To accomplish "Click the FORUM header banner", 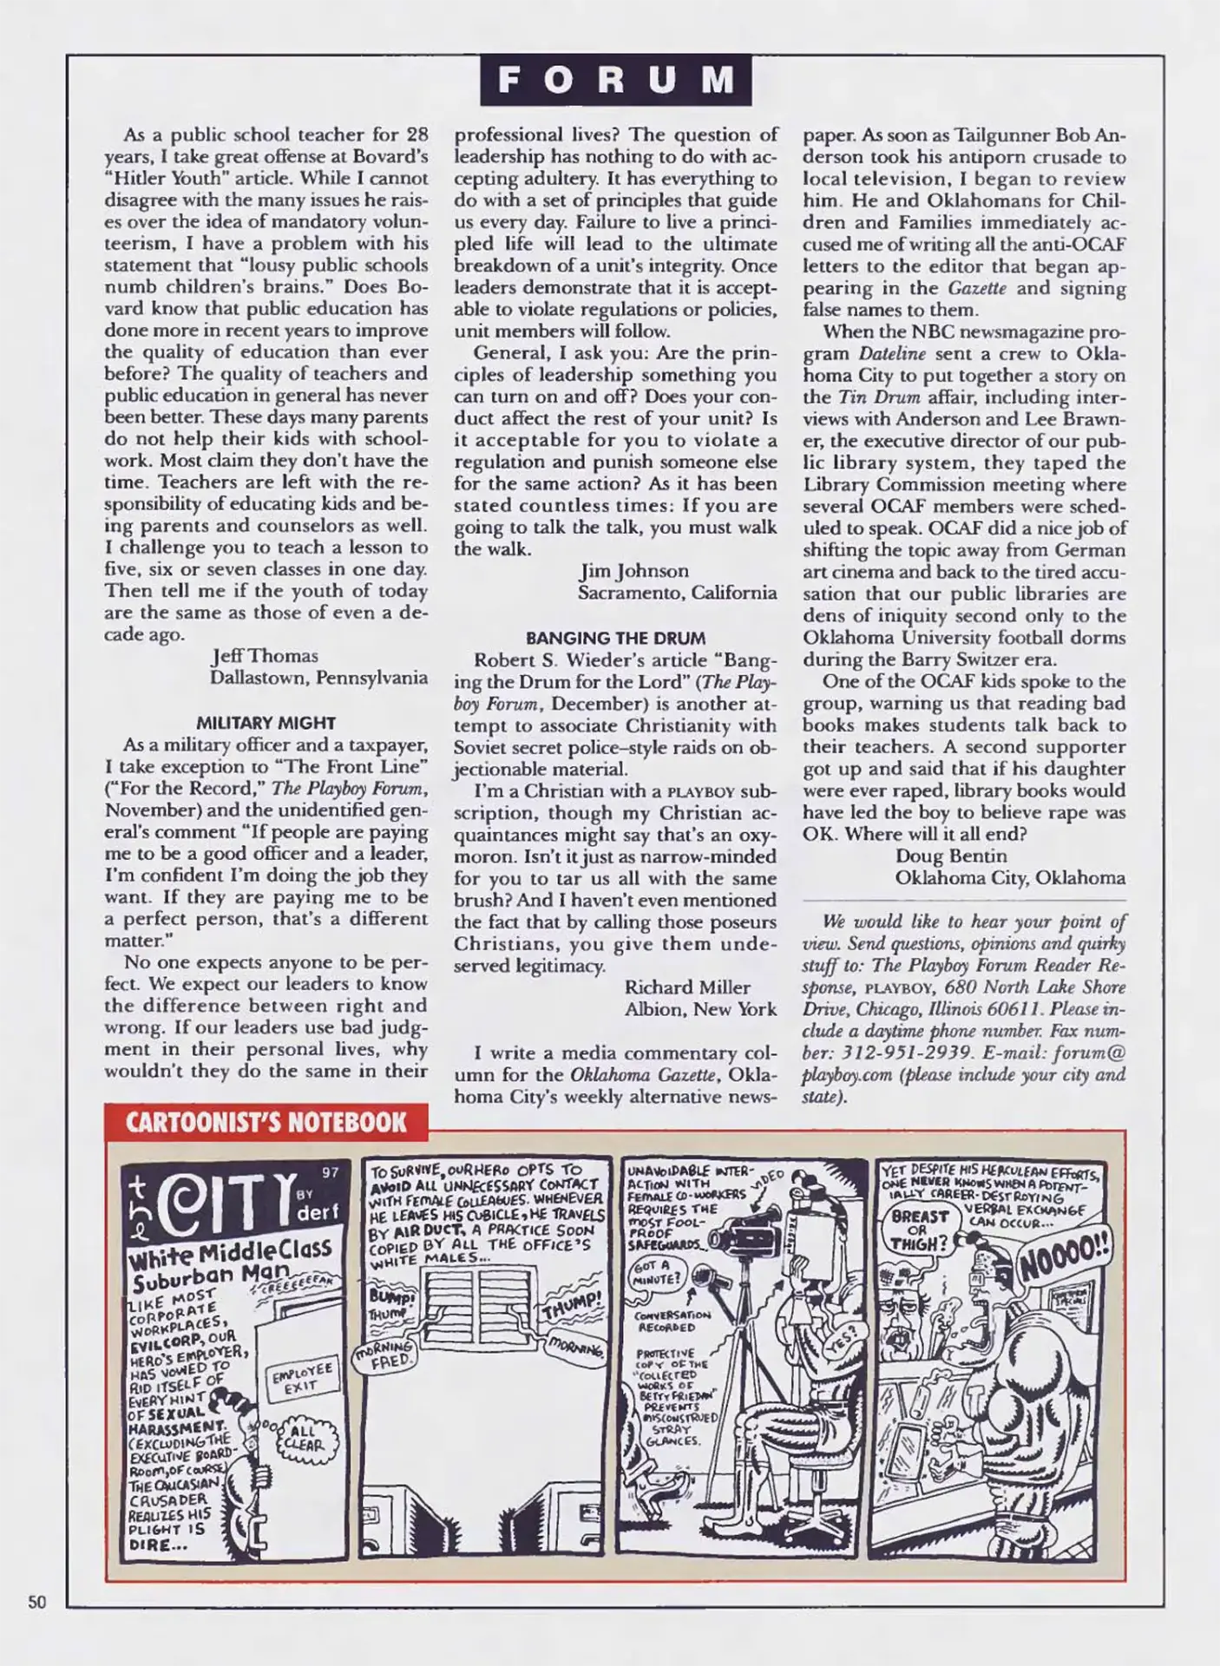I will coord(615,80).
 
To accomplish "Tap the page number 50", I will coord(37,1602).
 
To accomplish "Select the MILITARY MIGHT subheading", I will coord(266,723).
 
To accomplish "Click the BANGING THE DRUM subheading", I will coord(615,638).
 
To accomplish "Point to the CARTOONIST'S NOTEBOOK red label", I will coord(266,1122).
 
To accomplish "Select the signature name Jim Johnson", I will coord(633,571).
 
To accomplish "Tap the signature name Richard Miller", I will coord(686,987).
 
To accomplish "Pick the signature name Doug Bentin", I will coord(951,856).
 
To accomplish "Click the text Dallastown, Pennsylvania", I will coord(318,678).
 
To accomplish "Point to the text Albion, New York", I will coord(699,1009).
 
